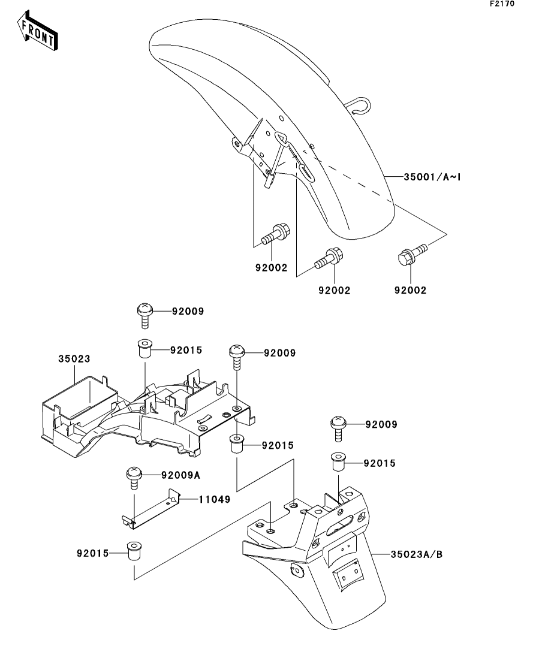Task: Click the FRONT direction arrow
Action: [37, 31]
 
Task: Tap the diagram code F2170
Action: [502, 4]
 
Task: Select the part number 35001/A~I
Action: [432, 177]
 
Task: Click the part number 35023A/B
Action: [417, 554]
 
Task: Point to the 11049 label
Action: [215, 500]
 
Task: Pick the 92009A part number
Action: [180, 475]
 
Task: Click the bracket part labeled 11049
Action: [150, 509]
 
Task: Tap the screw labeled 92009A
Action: [134, 478]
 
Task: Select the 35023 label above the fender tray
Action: [74, 359]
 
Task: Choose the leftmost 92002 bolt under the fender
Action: [275, 234]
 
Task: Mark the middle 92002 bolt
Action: [329, 258]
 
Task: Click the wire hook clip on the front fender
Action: [359, 105]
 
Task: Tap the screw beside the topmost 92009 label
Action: [144, 315]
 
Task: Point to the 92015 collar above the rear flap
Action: [337, 463]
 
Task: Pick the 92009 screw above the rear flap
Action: [338, 428]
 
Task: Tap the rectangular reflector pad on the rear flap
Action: [347, 573]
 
